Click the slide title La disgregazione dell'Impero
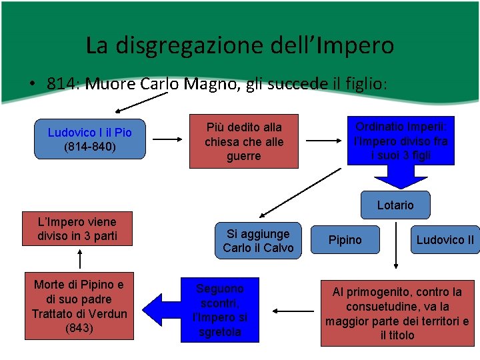click(x=240, y=45)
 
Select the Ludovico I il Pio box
click(x=90, y=139)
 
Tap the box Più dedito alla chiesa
click(x=243, y=141)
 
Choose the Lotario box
click(x=395, y=205)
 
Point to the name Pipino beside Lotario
click(x=345, y=240)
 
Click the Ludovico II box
click(x=445, y=240)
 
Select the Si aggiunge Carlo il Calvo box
click(x=258, y=241)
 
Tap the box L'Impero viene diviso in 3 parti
click(x=77, y=229)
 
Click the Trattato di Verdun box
click(x=79, y=307)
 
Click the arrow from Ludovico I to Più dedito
click(x=167, y=140)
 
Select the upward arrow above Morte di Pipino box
click(x=80, y=258)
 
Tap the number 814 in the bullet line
click(x=59, y=84)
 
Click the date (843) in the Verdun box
click(x=79, y=328)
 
